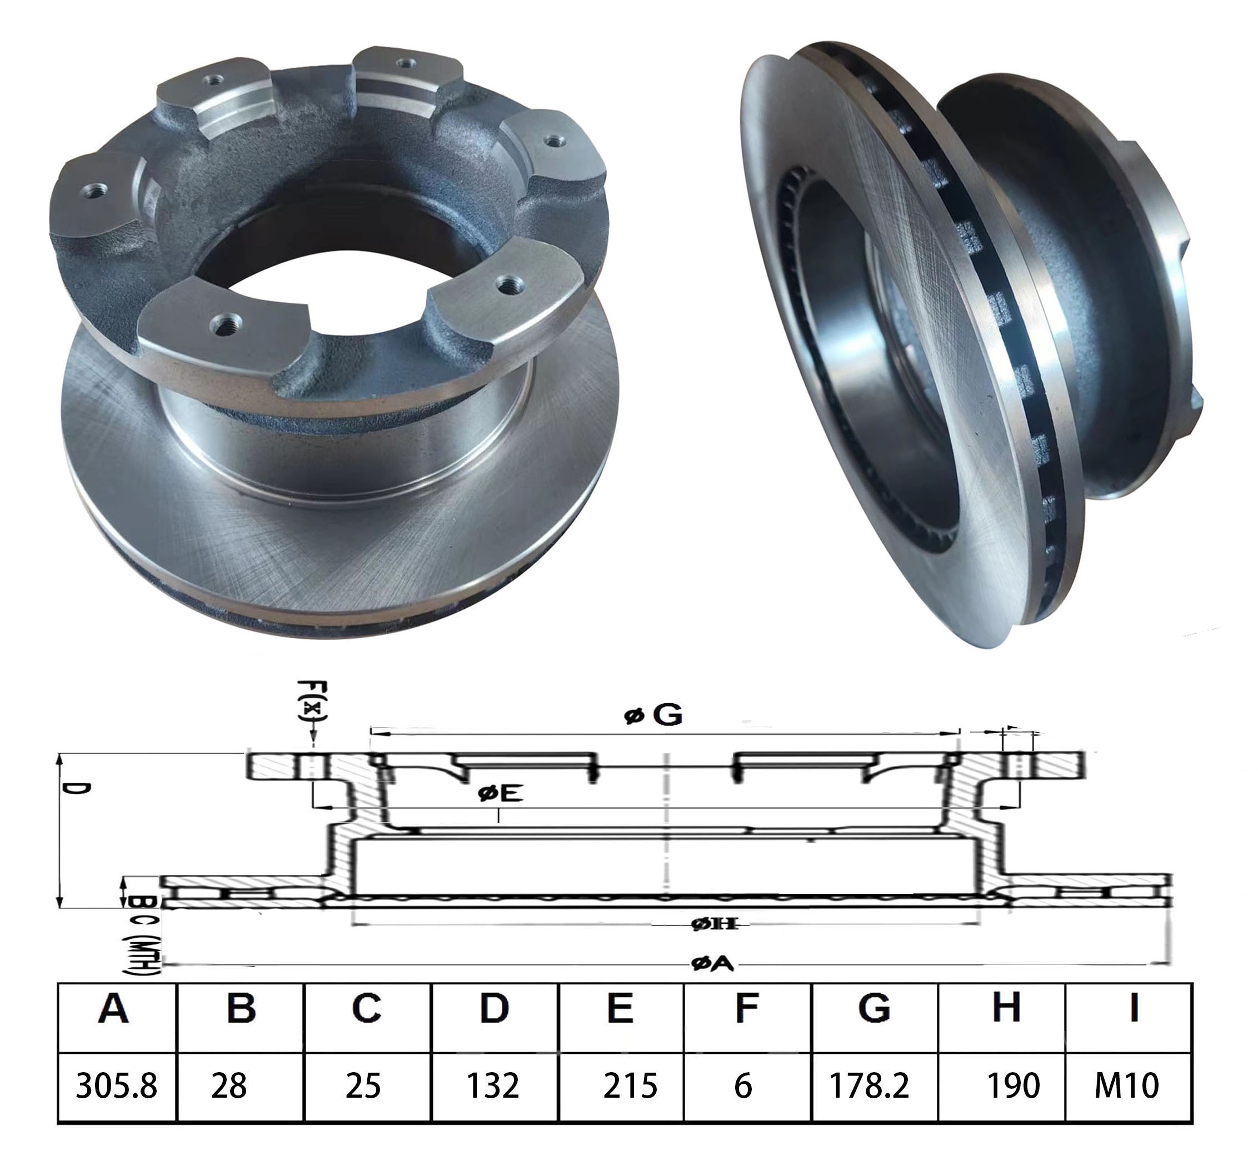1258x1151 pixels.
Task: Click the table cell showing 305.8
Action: [x=116, y=1085]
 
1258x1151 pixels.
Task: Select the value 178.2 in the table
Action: [x=868, y=1085]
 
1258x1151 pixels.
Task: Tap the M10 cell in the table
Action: [x=1126, y=1085]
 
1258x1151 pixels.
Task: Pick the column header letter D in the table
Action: [x=493, y=1009]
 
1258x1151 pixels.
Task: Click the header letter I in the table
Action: [x=1134, y=1009]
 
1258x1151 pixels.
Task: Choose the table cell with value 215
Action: [x=630, y=1085]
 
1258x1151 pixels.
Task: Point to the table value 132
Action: [x=493, y=1085]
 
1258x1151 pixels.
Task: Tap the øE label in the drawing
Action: [x=501, y=794]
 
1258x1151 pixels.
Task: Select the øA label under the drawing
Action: [x=712, y=964]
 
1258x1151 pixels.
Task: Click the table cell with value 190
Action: [x=1013, y=1085]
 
